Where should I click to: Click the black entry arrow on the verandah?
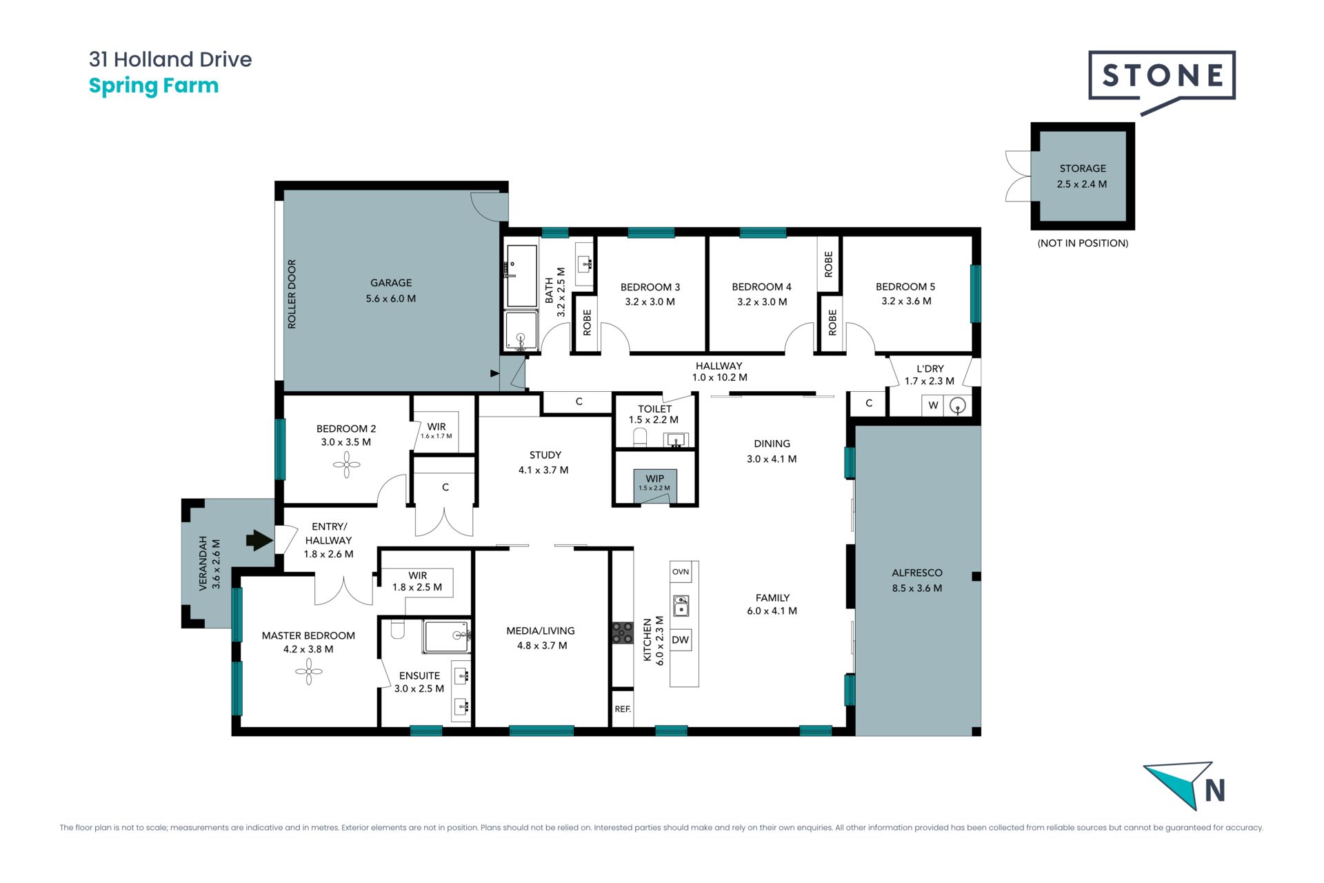[259, 540]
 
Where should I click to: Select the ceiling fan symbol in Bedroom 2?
[346, 465]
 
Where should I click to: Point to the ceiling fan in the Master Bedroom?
[308, 671]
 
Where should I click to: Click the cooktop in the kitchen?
[623, 633]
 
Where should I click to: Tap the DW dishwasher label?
[680, 639]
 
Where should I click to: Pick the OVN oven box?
[681, 571]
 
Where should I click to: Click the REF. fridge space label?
[623, 709]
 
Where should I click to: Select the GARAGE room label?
[391, 283]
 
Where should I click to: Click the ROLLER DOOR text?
[292, 294]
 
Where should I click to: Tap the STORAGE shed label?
[1083, 168]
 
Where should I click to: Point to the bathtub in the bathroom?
[522, 275]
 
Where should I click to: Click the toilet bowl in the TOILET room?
[640, 437]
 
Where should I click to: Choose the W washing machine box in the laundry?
[933, 405]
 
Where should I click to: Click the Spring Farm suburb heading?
[154, 86]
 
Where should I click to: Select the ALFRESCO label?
[917, 573]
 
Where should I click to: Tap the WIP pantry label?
[655, 478]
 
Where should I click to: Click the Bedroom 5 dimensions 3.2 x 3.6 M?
[906, 301]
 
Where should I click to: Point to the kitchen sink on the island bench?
[681, 606]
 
